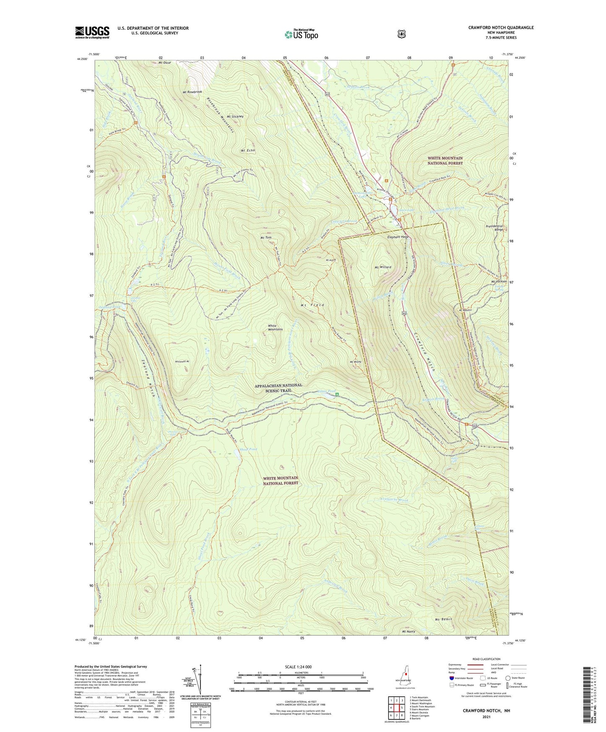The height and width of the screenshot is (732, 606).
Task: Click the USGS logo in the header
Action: tap(92, 32)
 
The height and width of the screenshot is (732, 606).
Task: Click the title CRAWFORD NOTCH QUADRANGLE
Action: tap(501, 28)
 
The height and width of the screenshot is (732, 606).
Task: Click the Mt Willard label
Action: tap(382, 267)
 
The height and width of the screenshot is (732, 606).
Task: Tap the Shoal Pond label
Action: tap(248, 449)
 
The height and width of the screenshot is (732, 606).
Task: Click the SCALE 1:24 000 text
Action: tap(298, 667)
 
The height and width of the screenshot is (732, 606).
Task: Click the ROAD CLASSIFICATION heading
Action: tap(486, 659)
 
